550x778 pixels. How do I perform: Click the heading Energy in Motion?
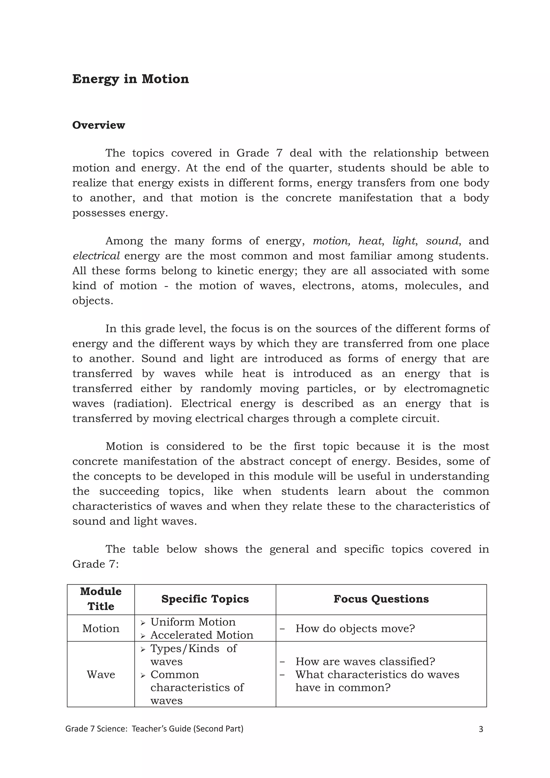pyautogui.click(x=131, y=79)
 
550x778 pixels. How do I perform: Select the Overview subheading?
pyautogui.click(x=99, y=125)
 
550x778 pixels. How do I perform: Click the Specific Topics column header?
pyautogui.click(x=205, y=599)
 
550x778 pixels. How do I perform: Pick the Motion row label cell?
pyautogui.click(x=101, y=629)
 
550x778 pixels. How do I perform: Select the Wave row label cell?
pyautogui.click(x=101, y=674)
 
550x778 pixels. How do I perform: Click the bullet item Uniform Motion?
pyautogui.click(x=193, y=622)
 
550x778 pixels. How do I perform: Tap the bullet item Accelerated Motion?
pyautogui.click(x=201, y=635)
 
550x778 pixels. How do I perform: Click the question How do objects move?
pyautogui.click(x=355, y=629)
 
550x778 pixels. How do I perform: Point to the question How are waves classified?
pyautogui.click(x=365, y=661)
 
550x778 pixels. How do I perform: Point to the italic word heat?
pyautogui.click(x=370, y=241)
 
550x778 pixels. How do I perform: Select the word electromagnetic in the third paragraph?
pyautogui.click(x=446, y=389)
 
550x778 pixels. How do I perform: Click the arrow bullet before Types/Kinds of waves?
pyautogui.click(x=143, y=649)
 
